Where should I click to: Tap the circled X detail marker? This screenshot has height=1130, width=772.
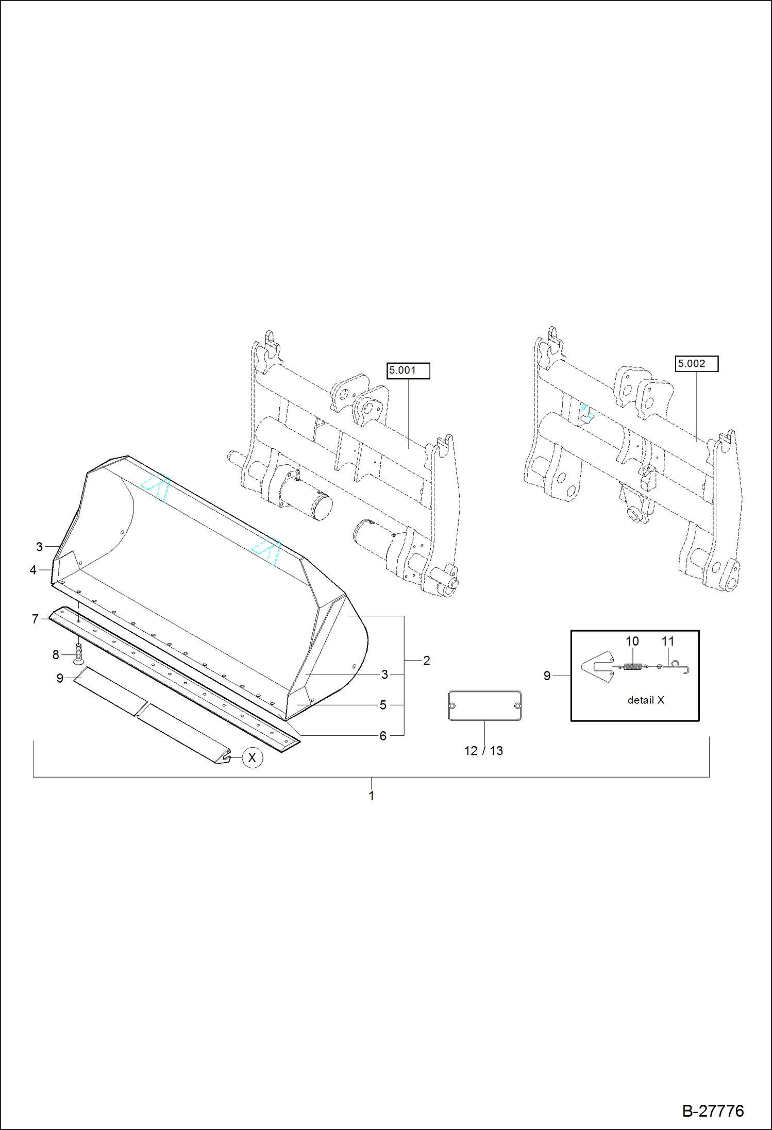[252, 758]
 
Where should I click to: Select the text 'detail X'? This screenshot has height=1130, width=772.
[645, 700]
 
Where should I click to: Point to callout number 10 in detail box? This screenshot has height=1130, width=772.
[632, 642]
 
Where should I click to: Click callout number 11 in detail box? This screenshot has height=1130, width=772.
[667, 642]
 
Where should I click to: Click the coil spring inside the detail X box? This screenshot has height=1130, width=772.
[632, 667]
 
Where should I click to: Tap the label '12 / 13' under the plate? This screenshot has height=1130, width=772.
[483, 751]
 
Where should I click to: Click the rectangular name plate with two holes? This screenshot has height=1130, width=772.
[484, 706]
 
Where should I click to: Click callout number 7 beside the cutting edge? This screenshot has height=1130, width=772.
[35, 619]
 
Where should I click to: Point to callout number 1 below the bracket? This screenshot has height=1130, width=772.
[371, 796]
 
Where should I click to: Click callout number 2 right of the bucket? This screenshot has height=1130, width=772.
[426, 661]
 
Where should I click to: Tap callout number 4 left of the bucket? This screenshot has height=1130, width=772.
[33, 570]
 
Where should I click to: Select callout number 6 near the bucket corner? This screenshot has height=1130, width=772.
[382, 736]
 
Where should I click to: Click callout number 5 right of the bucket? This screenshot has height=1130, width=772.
[382, 705]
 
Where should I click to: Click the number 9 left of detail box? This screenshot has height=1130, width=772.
[547, 676]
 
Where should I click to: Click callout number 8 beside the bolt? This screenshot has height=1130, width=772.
[56, 655]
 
